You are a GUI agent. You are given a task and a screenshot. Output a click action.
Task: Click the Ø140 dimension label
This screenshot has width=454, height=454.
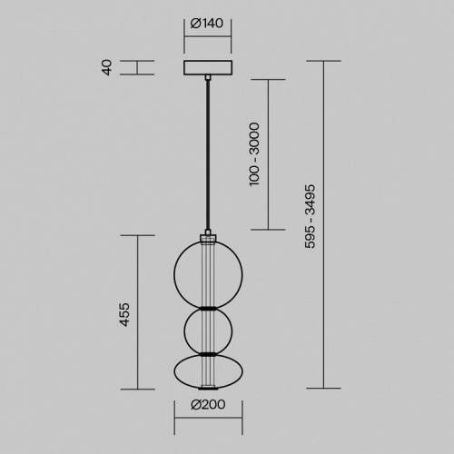tap(207, 24)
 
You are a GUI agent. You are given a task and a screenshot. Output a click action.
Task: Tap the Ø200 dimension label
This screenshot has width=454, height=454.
tap(208, 404)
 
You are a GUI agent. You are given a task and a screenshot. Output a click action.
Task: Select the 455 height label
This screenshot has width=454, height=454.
tap(124, 314)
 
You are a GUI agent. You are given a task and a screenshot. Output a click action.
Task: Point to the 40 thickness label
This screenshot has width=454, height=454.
tap(107, 67)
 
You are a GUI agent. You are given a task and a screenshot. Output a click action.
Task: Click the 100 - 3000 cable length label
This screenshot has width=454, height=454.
tap(254, 154)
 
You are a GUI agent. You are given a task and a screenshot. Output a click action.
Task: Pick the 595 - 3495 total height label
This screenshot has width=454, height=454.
tap(311, 216)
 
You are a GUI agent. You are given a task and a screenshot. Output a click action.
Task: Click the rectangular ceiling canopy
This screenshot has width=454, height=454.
tap(208, 67)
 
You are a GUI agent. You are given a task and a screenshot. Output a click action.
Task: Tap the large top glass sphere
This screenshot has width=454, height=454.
tap(173, 275)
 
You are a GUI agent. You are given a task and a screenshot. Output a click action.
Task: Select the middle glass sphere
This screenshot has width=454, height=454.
tap(184, 331)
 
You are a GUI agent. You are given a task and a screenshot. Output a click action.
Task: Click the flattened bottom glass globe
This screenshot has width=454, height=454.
tap(174, 371)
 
